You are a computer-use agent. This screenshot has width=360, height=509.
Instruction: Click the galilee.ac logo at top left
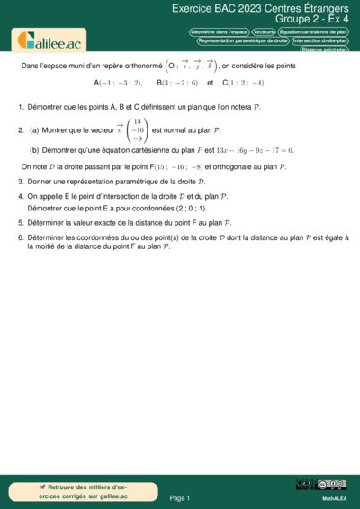pyautogui.click(x=45, y=40)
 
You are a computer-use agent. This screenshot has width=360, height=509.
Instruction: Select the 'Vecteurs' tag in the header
pyautogui.click(x=264, y=31)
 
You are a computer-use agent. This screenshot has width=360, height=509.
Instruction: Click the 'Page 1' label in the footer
pyautogui.click(x=179, y=497)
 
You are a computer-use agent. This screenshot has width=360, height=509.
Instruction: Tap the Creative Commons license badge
pyautogui.click(x=320, y=485)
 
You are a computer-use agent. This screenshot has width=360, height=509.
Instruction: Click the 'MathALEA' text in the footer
pyautogui.click(x=335, y=497)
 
